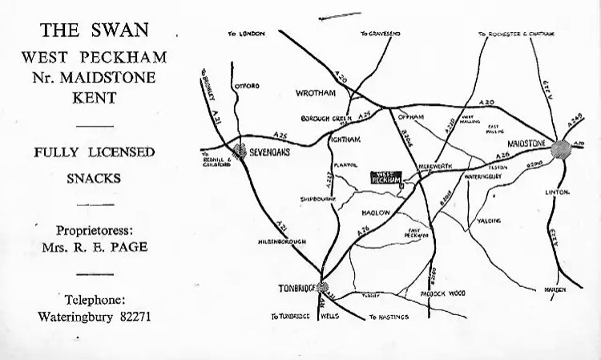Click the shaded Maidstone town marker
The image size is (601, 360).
pyautogui.click(x=560, y=148)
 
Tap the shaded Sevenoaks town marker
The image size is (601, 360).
pyautogui.click(x=239, y=149)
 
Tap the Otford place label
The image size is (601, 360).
pyautogui.click(x=247, y=86)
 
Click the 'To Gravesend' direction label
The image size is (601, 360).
pyautogui.click(x=379, y=34)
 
